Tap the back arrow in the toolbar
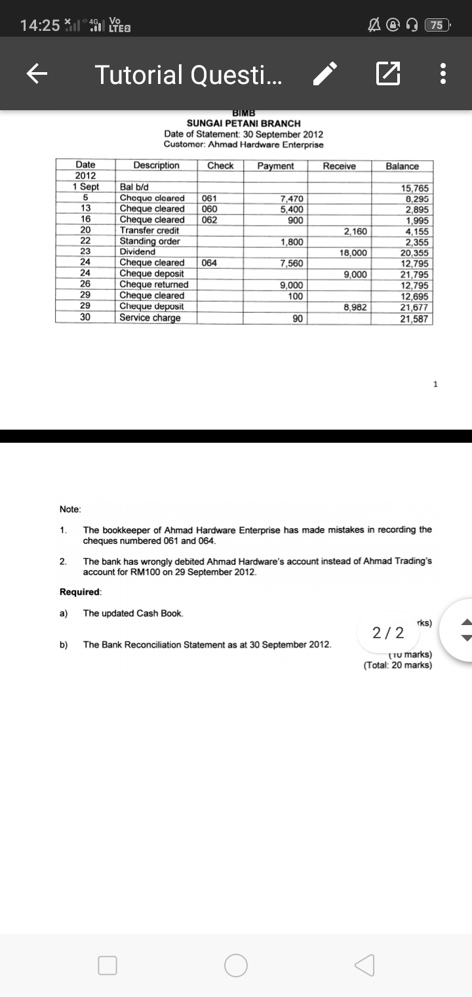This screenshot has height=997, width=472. click(37, 74)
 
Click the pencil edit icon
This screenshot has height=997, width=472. click(325, 74)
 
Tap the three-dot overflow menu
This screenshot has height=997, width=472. click(444, 74)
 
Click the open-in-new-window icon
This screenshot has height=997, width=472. click(387, 74)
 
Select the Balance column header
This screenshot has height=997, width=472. click(402, 166)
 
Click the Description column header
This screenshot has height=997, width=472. click(156, 165)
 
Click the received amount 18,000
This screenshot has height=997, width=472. click(355, 253)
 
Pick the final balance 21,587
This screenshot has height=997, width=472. click(415, 319)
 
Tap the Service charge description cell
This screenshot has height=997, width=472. click(150, 318)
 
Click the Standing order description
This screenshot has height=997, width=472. click(149, 241)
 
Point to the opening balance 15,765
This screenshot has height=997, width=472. click(415, 188)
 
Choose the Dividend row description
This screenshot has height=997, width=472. click(138, 252)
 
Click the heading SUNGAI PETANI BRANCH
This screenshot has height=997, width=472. click(243, 123)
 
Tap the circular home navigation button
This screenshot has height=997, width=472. click(236, 965)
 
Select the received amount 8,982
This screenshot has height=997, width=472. click(355, 307)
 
